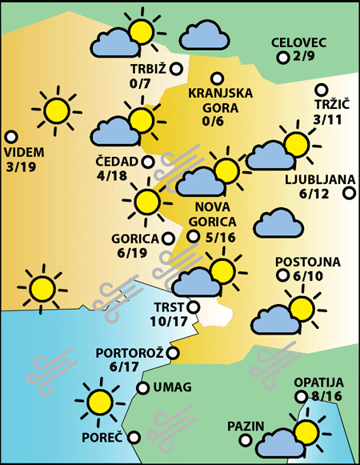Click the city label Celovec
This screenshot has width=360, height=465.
pyautogui.click(x=299, y=42)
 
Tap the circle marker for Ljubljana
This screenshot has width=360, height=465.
pyautogui.click(x=348, y=193)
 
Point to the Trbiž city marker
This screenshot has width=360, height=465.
pyautogui.click(x=176, y=69)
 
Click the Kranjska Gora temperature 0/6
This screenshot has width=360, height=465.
pyautogui.click(x=214, y=121)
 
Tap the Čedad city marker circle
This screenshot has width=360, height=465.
pyautogui.click(x=148, y=162)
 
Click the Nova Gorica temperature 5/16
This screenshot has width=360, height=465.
pyautogui.click(x=220, y=237)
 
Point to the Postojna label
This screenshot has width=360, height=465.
pyautogui.click(x=308, y=262)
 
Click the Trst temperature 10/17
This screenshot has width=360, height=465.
pyautogui.click(x=168, y=322)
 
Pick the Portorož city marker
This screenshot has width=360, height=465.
pyautogui.click(x=172, y=352)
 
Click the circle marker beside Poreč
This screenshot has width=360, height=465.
pyautogui.click(x=134, y=437)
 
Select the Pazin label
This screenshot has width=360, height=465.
pyautogui.click(x=244, y=425)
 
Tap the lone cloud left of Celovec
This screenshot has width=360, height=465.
pyautogui.click(x=201, y=36)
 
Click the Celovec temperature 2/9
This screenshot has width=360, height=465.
pyautogui.click(x=304, y=57)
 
